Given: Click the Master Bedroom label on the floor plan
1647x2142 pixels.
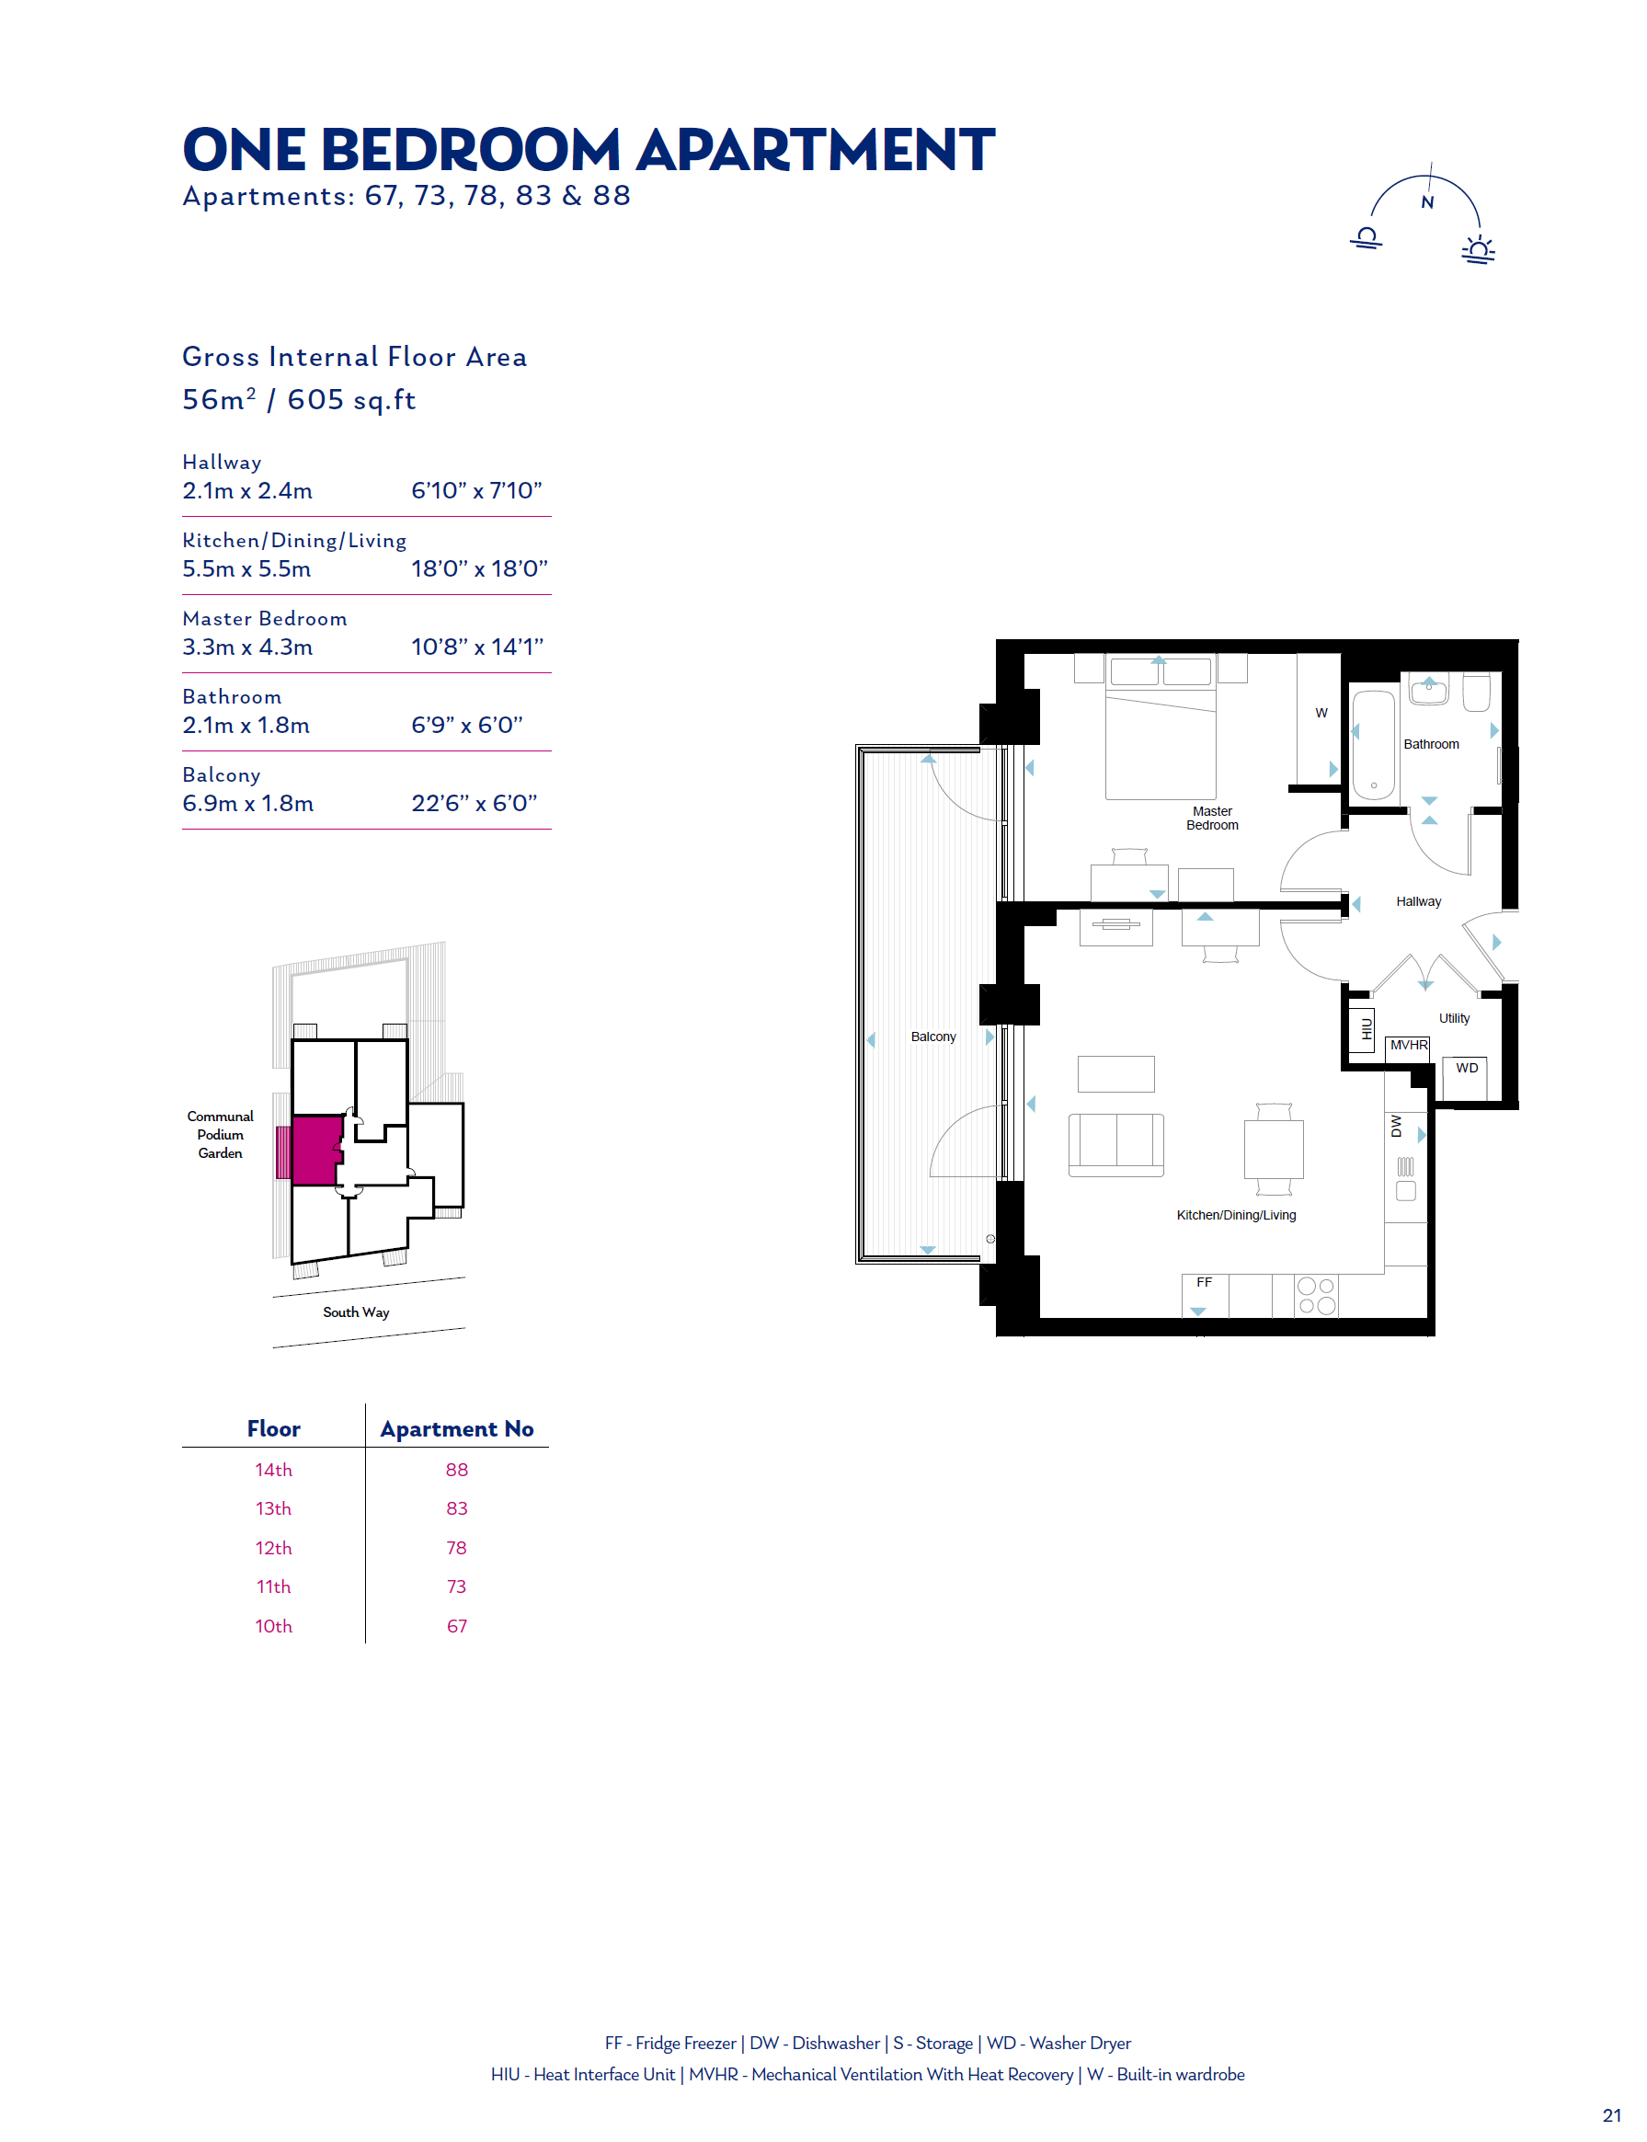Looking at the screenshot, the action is click(1212, 818).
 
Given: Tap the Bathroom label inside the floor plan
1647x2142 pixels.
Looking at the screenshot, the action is click(1430, 744).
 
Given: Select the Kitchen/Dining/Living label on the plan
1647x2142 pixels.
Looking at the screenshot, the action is click(1236, 1215).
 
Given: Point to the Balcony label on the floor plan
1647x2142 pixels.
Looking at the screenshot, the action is click(932, 1037).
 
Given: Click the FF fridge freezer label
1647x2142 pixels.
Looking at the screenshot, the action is click(1204, 1282).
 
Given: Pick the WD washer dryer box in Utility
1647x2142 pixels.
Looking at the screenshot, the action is click(1466, 1078).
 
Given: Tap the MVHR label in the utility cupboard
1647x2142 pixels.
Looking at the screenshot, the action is click(1409, 1045).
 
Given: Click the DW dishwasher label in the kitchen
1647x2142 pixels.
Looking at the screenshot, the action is click(1396, 1127).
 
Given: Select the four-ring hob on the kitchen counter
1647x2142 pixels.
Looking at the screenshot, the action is click(1316, 1295).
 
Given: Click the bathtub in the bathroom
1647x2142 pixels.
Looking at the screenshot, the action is click(1374, 745).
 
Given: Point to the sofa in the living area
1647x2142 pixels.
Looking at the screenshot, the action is click(1115, 1145).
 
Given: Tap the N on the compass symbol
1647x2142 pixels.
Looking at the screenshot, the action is click(1427, 203).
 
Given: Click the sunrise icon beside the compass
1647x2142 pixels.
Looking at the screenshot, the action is click(1479, 250).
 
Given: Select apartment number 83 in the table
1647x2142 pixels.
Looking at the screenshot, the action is click(457, 1507).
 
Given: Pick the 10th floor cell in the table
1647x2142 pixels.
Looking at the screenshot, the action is click(273, 1625).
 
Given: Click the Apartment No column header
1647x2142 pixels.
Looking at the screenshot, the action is click(457, 1428).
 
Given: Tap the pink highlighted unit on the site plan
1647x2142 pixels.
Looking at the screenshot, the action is click(315, 1150).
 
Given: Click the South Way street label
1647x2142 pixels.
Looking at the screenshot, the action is click(356, 1312).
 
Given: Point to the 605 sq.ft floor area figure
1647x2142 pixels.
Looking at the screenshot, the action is click(351, 400).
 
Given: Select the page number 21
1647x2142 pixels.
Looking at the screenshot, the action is click(1612, 2114).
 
